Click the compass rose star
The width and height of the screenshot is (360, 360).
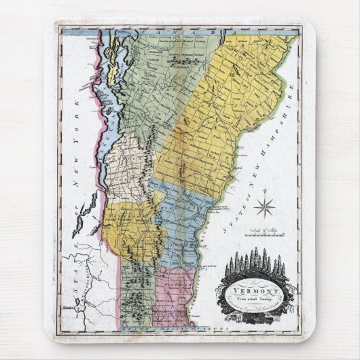(265, 206)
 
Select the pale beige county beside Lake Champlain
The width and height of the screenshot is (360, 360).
(129, 170)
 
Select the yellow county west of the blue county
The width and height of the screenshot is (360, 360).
(132, 228)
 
